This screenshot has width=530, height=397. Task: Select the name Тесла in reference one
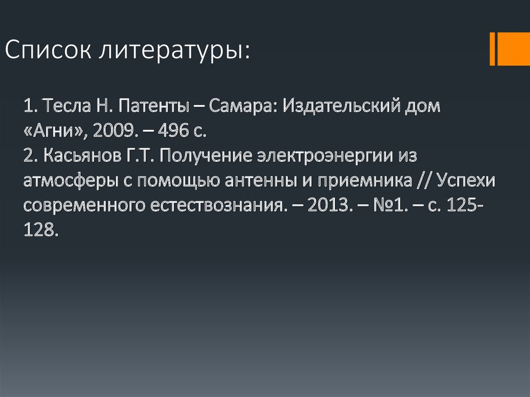(62, 107)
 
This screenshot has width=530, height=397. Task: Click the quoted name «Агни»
(55, 131)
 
